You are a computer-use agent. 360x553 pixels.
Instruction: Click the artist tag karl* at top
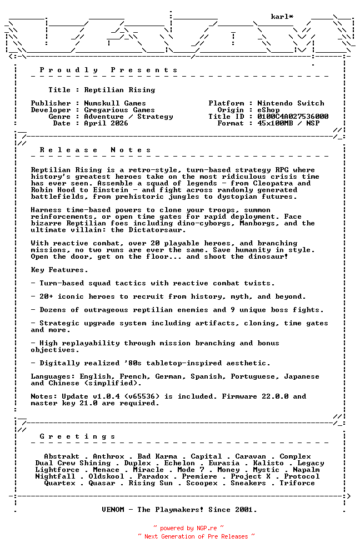[x=282, y=17]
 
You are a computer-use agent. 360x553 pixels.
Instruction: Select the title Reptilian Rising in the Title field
[x=119, y=90]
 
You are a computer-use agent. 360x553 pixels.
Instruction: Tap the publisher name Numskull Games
[x=115, y=103]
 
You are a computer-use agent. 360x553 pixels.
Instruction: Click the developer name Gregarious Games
[x=119, y=110]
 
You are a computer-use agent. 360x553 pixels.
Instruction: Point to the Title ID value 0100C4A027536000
[x=293, y=117]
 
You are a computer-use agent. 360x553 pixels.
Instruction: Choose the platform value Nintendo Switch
[x=291, y=103]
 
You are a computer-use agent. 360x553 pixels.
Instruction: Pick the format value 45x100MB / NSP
[x=288, y=123]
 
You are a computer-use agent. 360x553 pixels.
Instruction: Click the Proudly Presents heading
[x=108, y=70]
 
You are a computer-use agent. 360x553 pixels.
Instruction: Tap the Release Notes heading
[x=95, y=150]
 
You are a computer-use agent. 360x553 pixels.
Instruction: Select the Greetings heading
[x=77, y=436]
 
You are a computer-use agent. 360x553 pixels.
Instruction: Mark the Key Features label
[x=59, y=270]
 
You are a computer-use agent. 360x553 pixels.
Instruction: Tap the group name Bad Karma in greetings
[x=157, y=456]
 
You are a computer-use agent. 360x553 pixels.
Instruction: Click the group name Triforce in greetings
[x=297, y=483]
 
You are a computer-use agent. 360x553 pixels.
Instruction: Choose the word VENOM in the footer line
[x=115, y=510]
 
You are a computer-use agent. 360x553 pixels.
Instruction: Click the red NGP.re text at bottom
[x=206, y=529]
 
